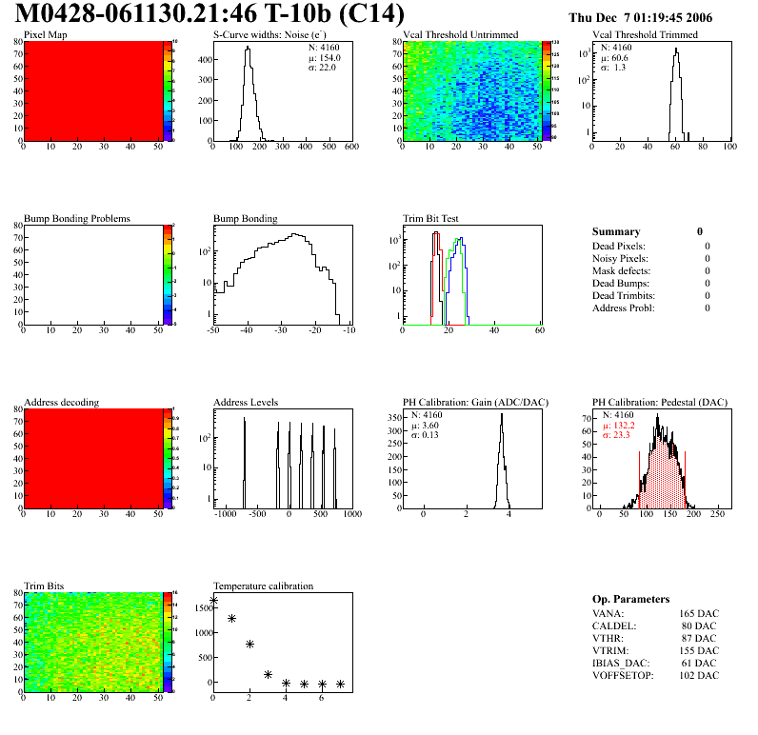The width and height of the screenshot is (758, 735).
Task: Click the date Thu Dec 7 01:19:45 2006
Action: (x=640, y=18)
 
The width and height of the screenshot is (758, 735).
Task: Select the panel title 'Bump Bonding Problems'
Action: (x=77, y=219)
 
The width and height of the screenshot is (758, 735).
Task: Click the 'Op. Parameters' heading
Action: (x=626, y=599)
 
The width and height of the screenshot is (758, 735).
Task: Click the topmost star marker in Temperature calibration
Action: (x=213, y=601)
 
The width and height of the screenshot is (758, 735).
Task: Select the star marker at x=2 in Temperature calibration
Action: (x=250, y=644)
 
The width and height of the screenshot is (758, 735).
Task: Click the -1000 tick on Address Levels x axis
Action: (x=225, y=514)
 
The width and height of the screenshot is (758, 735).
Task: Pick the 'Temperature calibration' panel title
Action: (x=263, y=586)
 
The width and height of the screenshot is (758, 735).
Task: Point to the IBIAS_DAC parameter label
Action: (x=620, y=664)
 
